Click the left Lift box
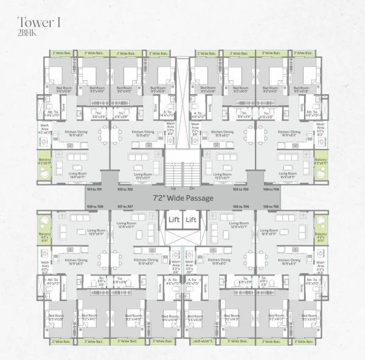click(x=173, y=220)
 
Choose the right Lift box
click(x=191, y=220)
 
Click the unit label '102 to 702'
click(x=123, y=190)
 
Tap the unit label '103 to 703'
click(x=241, y=190)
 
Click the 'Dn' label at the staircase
click(x=190, y=189)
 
